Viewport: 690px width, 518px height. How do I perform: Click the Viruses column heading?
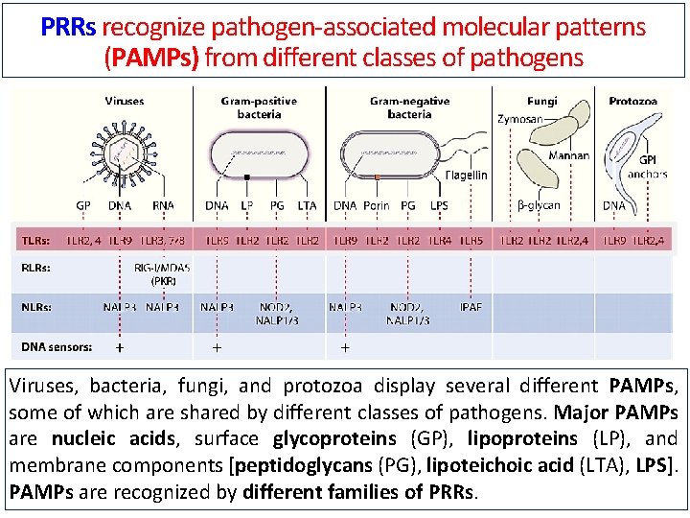click(125, 101)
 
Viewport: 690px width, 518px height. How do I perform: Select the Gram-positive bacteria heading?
click(258, 107)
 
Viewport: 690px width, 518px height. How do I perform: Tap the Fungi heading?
click(542, 101)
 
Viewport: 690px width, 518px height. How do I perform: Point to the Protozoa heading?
click(632, 101)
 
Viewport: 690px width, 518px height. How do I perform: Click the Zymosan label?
click(520, 119)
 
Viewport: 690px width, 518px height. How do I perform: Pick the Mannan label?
click(569, 154)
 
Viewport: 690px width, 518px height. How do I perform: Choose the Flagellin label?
click(466, 175)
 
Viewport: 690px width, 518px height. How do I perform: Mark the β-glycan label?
click(539, 205)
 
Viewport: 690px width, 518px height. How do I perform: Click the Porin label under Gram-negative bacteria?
click(377, 205)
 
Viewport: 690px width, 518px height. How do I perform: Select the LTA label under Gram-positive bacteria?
click(307, 205)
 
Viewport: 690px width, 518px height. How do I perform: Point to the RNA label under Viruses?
click(164, 205)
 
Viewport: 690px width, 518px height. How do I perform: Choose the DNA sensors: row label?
click(57, 346)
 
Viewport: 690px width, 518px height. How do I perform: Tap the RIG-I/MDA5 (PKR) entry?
click(162, 274)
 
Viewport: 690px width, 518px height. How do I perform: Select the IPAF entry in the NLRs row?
click(471, 307)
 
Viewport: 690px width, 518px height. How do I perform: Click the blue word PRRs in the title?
click(68, 27)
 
